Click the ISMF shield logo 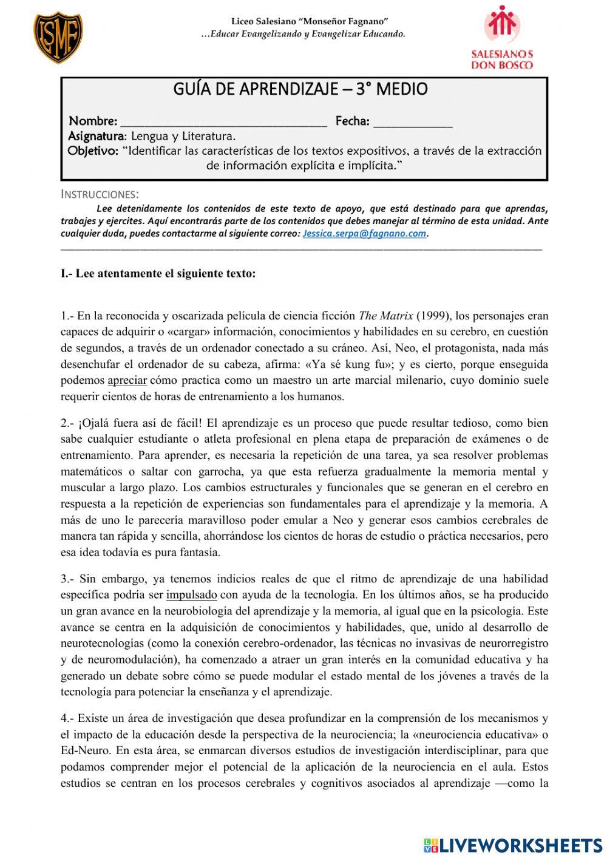click(x=58, y=38)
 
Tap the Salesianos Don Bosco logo click(x=501, y=38)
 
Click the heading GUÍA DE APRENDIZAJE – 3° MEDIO click(x=300, y=89)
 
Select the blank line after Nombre click(x=223, y=122)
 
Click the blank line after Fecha click(x=413, y=122)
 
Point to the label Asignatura click(x=97, y=136)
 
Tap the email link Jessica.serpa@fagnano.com click(x=364, y=233)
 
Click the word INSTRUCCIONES click(x=100, y=194)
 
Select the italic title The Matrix click(x=386, y=316)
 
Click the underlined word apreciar click(x=127, y=381)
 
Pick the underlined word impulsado click(x=192, y=595)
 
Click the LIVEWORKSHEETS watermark click(x=513, y=845)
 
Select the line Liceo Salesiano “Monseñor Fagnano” click(x=310, y=22)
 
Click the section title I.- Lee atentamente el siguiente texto click(x=158, y=273)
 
